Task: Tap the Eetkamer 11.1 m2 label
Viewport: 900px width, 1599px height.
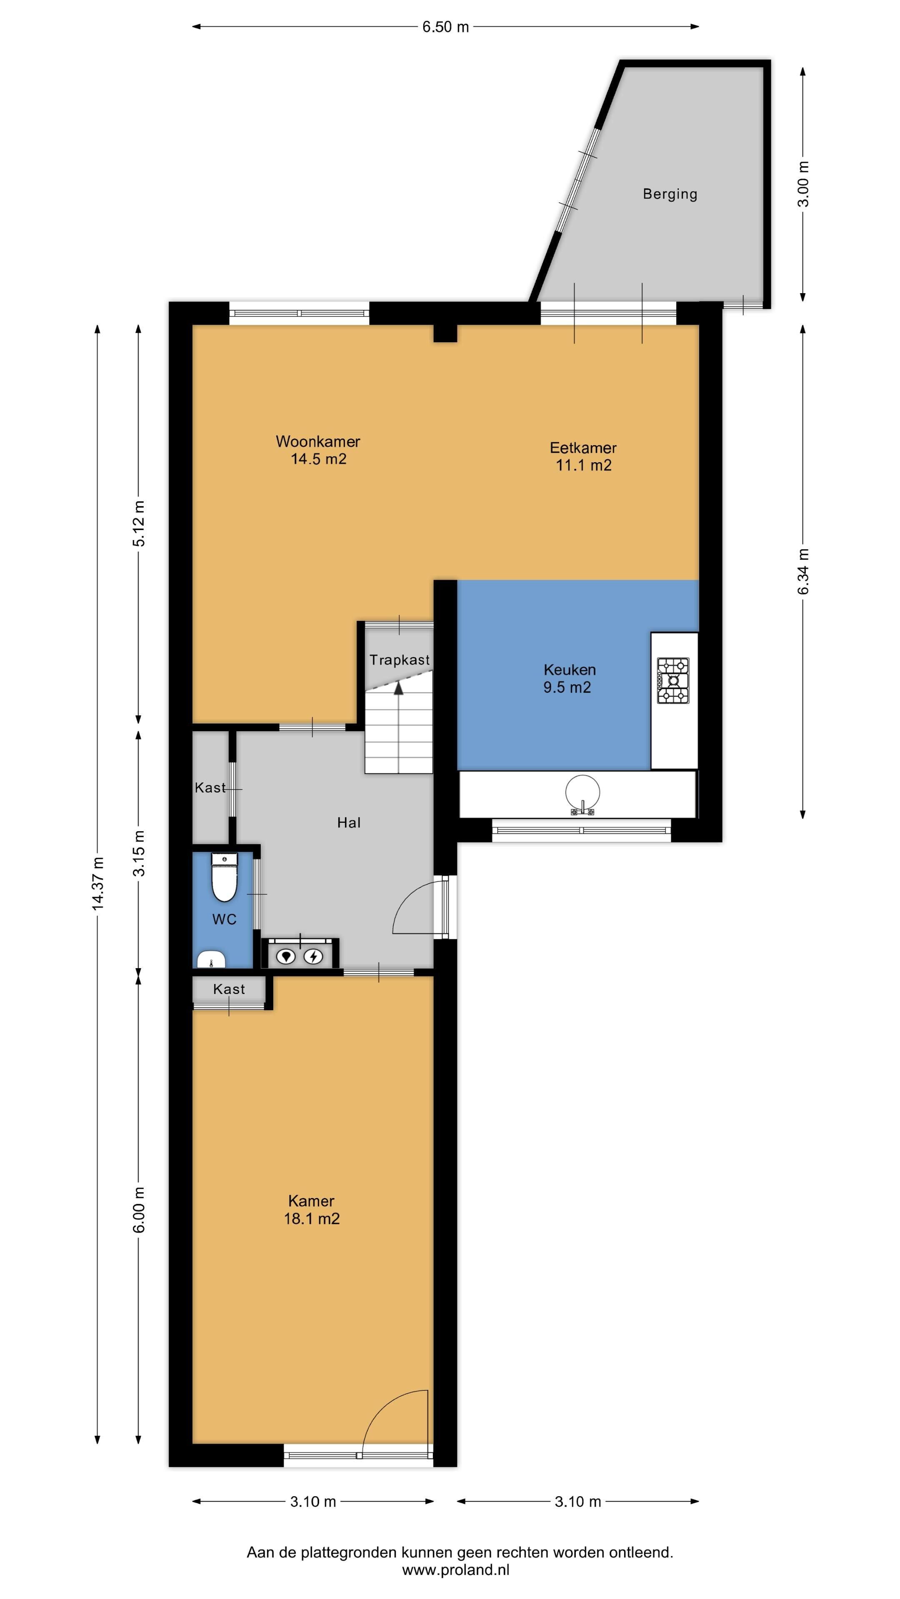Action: [583, 456]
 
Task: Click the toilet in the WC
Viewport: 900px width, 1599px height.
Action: [224, 877]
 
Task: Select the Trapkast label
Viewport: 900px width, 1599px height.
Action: [400, 660]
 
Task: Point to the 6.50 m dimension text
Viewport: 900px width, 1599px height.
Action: [445, 27]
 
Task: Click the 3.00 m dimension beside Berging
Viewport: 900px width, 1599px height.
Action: [803, 184]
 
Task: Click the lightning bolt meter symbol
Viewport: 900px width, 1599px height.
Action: [314, 956]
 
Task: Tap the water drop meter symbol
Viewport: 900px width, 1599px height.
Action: [286, 956]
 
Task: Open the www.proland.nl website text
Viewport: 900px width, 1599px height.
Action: [456, 1570]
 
